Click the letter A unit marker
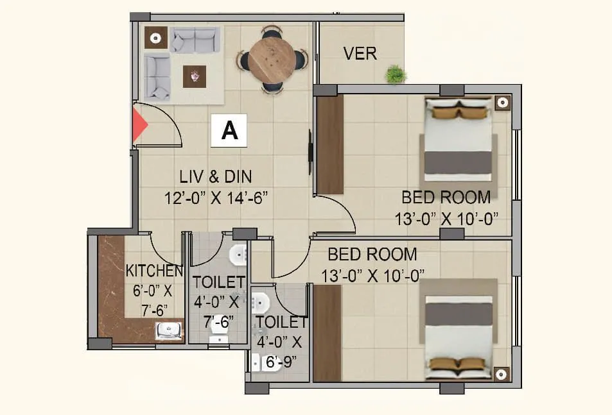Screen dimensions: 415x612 [x=229, y=131]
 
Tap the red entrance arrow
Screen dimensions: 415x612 [x=138, y=125]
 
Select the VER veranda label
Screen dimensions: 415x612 [x=360, y=53]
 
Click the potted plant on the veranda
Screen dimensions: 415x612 [x=396, y=74]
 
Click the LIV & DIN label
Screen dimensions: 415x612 [x=215, y=176]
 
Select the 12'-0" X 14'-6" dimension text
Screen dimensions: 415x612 [x=215, y=197]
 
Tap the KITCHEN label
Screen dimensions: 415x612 [x=154, y=270]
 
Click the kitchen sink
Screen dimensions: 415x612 [x=168, y=331]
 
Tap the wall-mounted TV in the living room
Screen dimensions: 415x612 [x=311, y=153]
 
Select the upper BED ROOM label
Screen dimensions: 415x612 [x=446, y=196]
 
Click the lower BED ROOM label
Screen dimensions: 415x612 [x=372, y=254]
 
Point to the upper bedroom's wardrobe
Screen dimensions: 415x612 [x=330, y=144]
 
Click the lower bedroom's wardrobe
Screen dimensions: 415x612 [x=327, y=334]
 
